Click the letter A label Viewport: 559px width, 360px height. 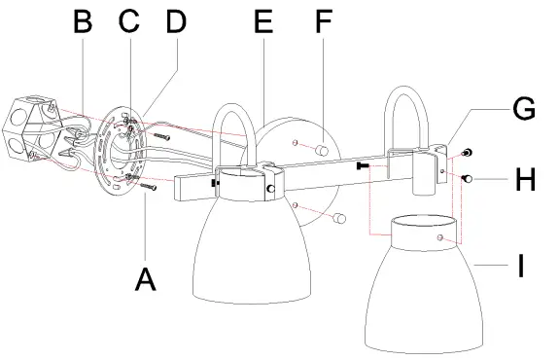click(x=145, y=278)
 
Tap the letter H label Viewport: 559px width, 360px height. click(x=524, y=181)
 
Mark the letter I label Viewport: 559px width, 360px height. click(x=522, y=265)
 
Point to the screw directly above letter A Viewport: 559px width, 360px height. click(x=147, y=184)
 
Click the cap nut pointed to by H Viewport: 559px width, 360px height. click(x=468, y=177)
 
